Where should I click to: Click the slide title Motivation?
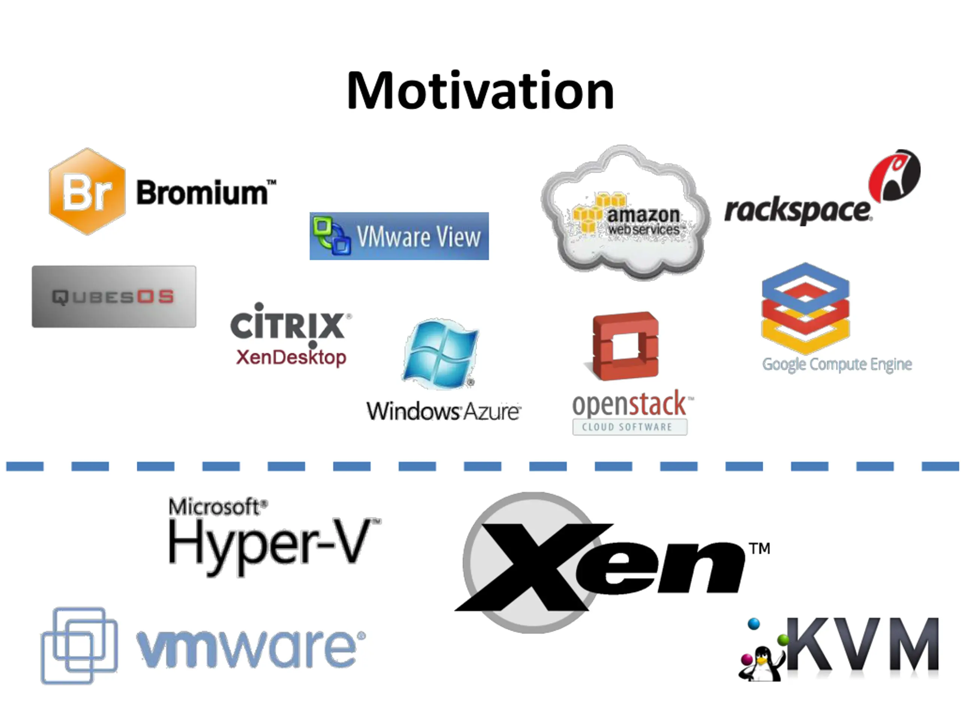pos(480,91)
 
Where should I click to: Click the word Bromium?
pos(202,192)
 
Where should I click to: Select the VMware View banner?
pos(399,236)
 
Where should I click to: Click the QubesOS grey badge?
pos(114,296)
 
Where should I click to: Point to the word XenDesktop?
pos(291,357)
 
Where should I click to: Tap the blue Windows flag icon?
pos(440,353)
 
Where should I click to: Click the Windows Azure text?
pos(443,411)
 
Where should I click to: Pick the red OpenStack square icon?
pos(626,345)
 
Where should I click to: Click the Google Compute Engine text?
pos(837,364)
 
